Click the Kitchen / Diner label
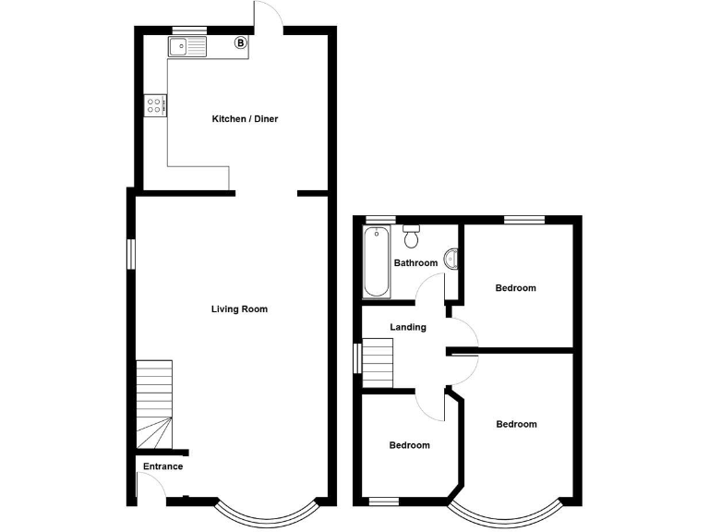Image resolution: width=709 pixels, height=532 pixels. [x=245, y=119]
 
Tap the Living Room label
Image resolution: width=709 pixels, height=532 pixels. [x=239, y=309]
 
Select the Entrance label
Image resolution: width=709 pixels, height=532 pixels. [x=162, y=466]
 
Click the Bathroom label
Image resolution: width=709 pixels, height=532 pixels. [x=415, y=263]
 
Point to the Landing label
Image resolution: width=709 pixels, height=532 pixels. [x=408, y=327]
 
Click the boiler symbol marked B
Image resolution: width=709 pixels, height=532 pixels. [x=241, y=42]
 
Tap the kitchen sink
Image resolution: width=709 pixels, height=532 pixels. [x=188, y=46]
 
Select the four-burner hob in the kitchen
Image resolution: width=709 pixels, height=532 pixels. [x=155, y=106]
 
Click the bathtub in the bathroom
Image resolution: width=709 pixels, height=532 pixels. [x=376, y=263]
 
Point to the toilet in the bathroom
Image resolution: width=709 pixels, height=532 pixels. [x=412, y=236]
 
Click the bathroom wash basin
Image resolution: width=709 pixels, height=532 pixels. [x=452, y=260]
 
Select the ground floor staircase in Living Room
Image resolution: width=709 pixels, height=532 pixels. [x=155, y=402]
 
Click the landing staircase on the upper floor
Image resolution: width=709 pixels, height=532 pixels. [x=378, y=364]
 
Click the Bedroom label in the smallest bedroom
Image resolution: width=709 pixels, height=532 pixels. [x=409, y=445]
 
